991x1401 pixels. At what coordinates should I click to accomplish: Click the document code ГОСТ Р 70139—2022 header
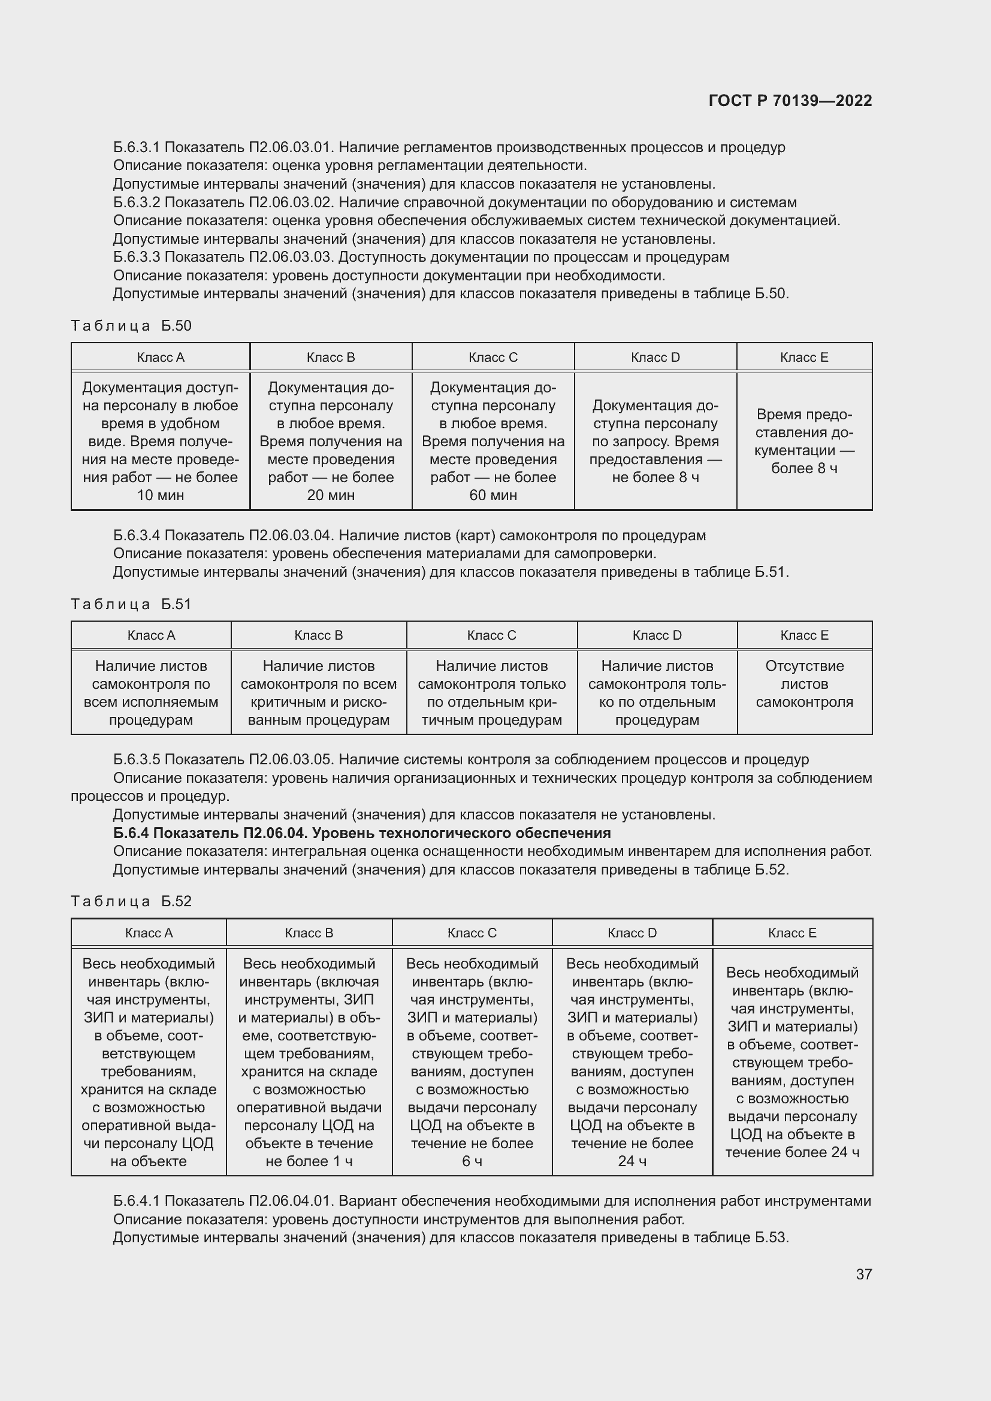tap(790, 101)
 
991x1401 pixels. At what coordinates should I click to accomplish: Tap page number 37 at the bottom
tap(863, 1273)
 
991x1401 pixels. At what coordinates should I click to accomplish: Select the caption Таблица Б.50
tap(131, 326)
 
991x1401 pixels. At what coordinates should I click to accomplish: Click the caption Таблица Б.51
tap(131, 604)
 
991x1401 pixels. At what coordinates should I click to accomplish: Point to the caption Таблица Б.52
tap(131, 901)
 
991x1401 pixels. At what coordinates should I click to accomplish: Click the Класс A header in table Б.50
tap(161, 358)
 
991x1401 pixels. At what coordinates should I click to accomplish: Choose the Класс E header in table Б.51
tap(804, 635)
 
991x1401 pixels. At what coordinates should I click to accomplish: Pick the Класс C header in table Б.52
tap(472, 933)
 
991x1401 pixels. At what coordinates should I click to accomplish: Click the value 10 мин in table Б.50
tap(161, 495)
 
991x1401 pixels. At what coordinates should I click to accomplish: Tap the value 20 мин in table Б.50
tap(331, 495)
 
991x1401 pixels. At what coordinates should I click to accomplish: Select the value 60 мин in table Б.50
tap(493, 495)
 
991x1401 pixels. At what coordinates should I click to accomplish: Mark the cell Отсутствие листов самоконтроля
tap(804, 683)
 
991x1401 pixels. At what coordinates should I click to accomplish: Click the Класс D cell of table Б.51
tap(657, 692)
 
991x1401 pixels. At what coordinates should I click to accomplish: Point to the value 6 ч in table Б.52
tap(472, 1161)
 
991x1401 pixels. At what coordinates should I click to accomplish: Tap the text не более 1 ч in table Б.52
tap(309, 1161)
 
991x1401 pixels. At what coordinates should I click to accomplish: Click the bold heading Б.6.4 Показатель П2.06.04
tap(362, 833)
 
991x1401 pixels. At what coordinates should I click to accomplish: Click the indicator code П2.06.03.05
tap(290, 759)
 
